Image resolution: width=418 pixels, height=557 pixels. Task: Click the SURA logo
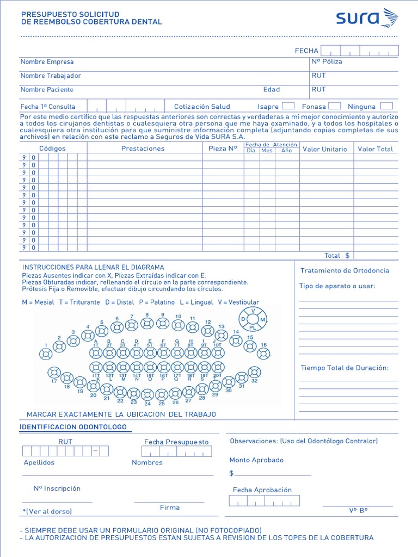click(366, 19)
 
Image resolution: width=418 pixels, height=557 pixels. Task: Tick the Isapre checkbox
click(288, 106)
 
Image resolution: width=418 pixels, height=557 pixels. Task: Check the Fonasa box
click(335, 106)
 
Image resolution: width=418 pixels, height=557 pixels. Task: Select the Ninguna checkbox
click(386, 106)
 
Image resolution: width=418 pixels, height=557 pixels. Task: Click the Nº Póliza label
click(327, 62)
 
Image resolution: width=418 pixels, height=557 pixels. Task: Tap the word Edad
click(272, 90)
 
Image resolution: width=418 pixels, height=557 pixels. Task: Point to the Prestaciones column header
click(143, 149)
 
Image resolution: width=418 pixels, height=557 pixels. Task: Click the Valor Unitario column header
click(325, 149)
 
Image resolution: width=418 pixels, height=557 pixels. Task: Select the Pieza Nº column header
click(223, 148)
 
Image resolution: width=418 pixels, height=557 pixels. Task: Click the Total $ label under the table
click(337, 256)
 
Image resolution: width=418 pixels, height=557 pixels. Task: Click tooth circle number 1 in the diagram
click(46, 354)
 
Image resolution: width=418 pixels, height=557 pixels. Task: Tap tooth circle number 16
click(264, 354)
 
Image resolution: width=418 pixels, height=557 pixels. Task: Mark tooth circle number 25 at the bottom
click(162, 394)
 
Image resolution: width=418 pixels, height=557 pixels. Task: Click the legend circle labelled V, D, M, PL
click(253, 319)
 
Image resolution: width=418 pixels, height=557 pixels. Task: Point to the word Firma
click(170, 508)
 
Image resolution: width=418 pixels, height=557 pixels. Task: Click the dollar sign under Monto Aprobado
click(231, 474)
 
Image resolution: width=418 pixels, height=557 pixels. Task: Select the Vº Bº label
click(358, 511)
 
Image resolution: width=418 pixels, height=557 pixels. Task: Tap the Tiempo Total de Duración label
click(345, 368)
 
